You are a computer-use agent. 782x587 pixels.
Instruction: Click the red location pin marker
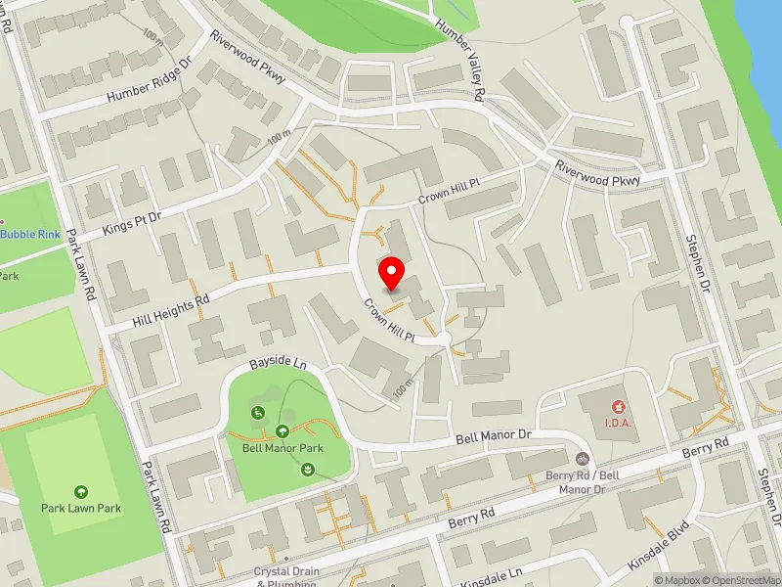391,273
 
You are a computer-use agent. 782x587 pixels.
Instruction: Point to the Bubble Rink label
29,234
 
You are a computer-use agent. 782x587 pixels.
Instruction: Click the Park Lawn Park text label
80,508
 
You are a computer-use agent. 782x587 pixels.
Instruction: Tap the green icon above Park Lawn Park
80,491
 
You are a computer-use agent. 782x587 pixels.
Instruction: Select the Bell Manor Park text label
282,448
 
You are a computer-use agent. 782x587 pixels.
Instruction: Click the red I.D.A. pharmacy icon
617,405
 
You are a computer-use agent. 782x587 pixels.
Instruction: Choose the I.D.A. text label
618,422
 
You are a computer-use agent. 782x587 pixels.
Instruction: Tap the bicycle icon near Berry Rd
583,458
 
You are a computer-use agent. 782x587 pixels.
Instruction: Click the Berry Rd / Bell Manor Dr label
584,480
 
